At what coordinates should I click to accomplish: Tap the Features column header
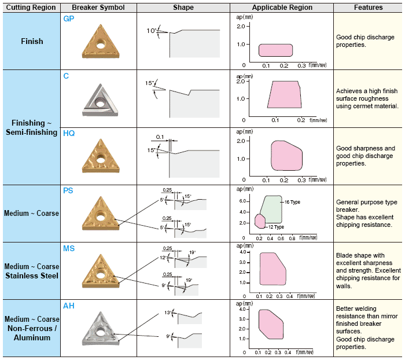[x=369, y=8]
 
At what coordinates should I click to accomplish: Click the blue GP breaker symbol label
[x=68, y=18]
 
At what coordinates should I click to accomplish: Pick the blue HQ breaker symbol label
[x=69, y=133]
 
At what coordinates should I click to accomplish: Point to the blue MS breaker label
[x=69, y=248]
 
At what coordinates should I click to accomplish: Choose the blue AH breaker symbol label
[x=69, y=306]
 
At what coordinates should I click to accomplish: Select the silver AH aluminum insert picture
[x=101, y=332]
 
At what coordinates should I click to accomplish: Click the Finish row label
[x=31, y=42]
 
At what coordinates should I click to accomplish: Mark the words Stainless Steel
[x=32, y=275]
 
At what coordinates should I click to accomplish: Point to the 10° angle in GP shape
[x=152, y=30]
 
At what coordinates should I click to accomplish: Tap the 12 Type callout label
[x=276, y=227]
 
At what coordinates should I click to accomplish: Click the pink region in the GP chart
[x=275, y=50]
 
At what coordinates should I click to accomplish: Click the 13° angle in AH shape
[x=168, y=313]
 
